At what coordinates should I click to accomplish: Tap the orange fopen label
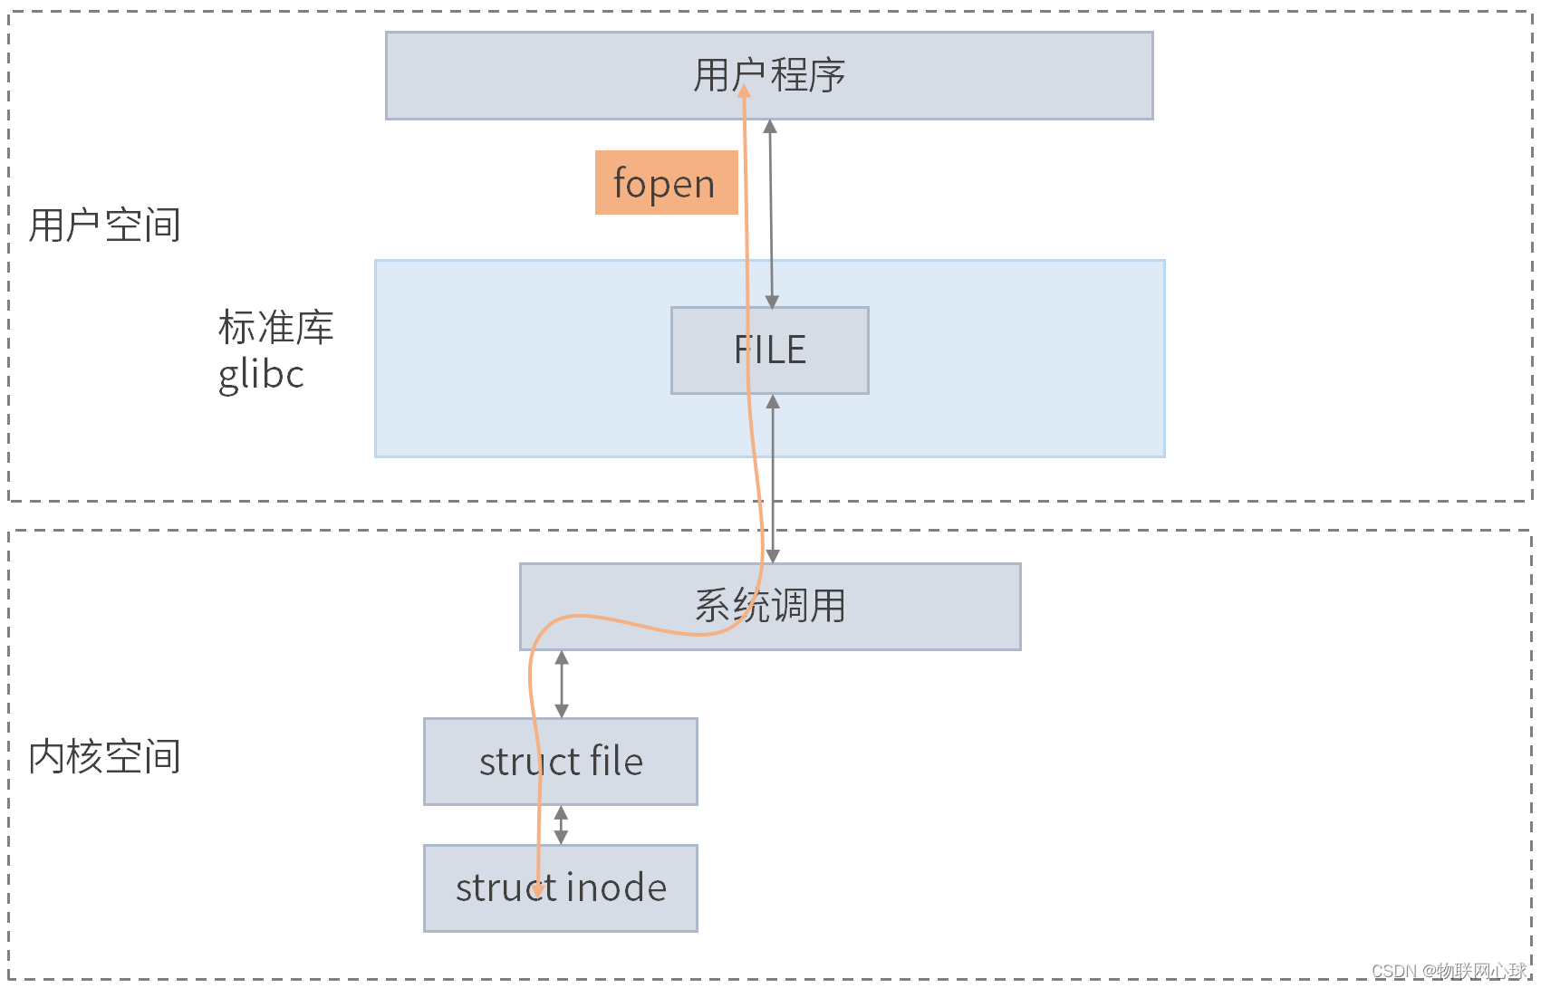click(666, 183)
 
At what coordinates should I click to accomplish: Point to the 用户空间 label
click(104, 225)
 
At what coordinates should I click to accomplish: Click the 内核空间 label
click(104, 757)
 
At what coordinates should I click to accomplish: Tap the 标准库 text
click(275, 328)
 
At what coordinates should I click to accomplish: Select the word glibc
click(261, 374)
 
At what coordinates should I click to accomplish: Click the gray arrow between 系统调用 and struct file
click(562, 684)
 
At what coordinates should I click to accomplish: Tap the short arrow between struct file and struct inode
click(561, 825)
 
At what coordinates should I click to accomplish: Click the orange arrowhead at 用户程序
click(744, 91)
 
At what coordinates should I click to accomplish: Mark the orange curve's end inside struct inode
click(537, 891)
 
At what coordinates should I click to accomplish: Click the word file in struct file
click(616, 762)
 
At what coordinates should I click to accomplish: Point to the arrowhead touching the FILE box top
click(772, 302)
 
